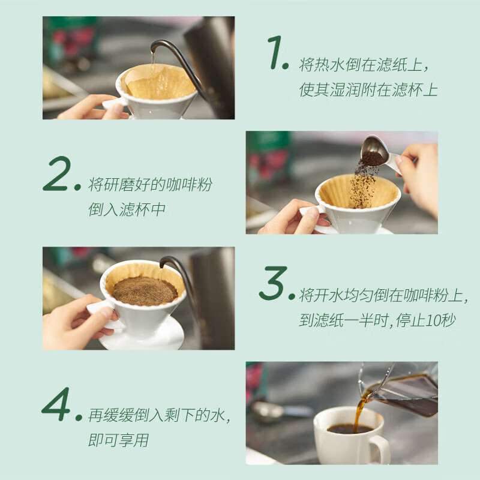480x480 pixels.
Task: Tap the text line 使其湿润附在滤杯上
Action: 368,91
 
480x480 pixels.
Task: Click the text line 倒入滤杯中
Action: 127,210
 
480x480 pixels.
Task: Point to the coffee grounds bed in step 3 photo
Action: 145,290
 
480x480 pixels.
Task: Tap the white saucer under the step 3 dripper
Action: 144,339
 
